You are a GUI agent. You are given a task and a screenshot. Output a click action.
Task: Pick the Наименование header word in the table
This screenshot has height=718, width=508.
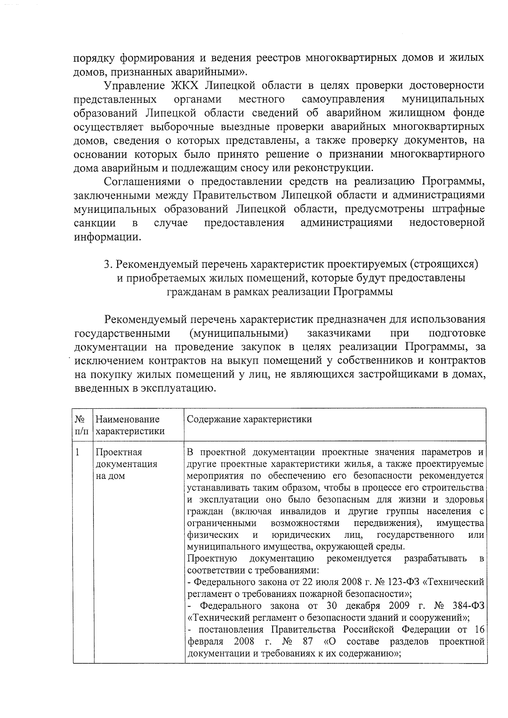click(127, 419)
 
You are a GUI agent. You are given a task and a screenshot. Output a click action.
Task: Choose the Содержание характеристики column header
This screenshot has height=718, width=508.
click(249, 419)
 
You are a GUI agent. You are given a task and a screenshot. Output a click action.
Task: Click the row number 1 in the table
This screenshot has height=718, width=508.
click(78, 452)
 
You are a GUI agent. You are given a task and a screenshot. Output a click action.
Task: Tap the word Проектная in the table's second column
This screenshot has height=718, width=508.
click(119, 452)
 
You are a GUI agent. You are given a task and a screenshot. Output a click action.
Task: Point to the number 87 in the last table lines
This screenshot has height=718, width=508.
click(308, 642)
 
